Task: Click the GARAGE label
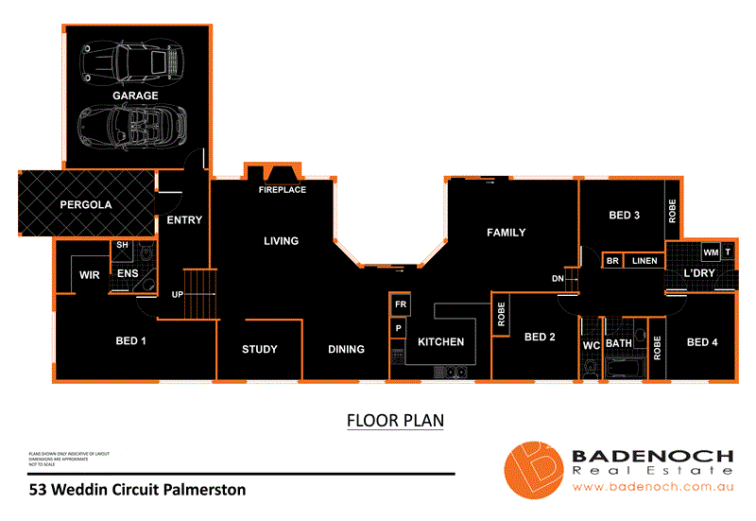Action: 135,96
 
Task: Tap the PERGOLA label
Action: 86,204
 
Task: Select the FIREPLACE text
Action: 283,190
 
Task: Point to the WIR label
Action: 90,275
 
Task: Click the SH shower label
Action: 121,245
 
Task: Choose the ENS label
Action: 128,274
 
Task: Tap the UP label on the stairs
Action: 177,294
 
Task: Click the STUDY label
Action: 260,350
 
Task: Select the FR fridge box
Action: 400,305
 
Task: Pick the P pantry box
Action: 399,328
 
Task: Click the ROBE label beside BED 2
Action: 500,315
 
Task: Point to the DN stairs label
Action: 558,279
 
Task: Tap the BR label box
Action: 612,260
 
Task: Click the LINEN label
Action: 644,260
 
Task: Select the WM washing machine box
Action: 711,252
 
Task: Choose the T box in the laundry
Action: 728,252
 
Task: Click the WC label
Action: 592,345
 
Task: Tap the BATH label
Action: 619,343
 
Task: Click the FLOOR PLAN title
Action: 395,419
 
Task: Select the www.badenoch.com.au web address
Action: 653,488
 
